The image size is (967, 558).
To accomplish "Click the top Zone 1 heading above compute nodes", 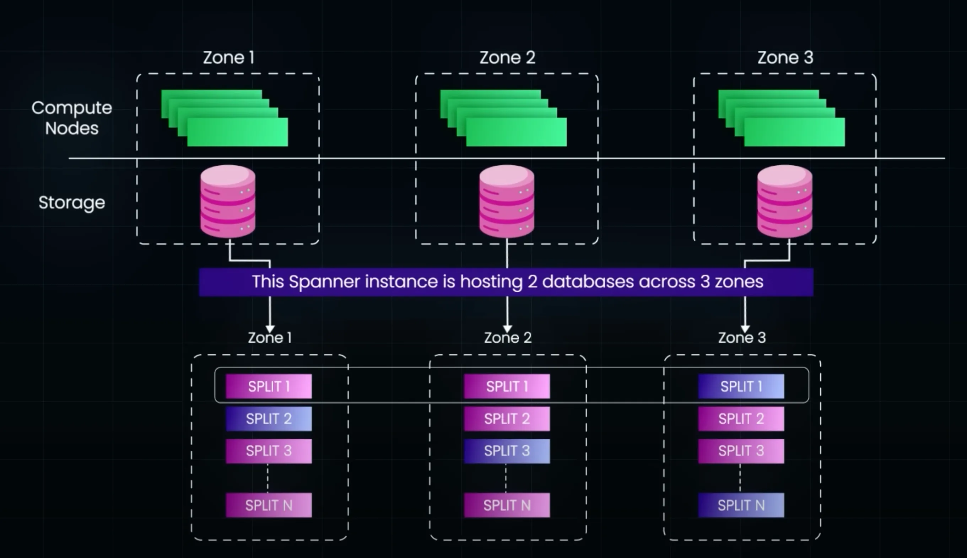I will pos(229,58).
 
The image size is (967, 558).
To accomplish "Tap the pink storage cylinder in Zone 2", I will pos(507,201).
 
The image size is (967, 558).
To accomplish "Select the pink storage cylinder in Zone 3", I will pos(785,201).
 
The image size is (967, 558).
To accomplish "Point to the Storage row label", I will pos(72,203).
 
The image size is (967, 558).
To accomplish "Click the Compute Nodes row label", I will pos(72,118).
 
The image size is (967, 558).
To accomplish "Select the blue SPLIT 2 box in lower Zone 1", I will pos(269,419).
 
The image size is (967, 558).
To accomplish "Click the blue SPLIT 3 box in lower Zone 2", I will pos(507,451).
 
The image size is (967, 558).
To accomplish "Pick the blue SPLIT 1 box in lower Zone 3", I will pos(741,386).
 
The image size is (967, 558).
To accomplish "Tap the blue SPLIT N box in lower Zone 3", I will pos(741,505).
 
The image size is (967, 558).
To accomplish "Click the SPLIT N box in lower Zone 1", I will pos(269,505).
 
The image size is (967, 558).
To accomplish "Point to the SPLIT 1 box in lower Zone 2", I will pos(507,386).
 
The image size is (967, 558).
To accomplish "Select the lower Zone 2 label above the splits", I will pos(508,338).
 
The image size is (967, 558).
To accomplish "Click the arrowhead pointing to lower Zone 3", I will pos(745,329).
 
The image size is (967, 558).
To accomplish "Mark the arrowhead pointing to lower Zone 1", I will pos(270,329).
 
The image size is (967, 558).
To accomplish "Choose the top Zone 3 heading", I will pos(785,58).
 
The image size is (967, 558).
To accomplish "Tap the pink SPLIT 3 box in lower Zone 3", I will pos(741,451).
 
